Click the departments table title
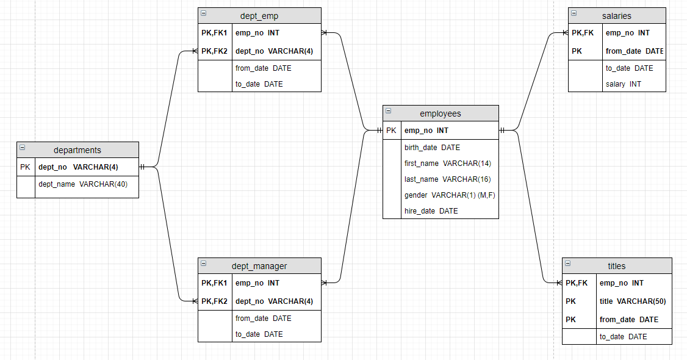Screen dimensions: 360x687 click(77, 150)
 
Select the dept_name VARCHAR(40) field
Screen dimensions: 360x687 click(83, 184)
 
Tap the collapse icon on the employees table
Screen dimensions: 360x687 click(388, 112)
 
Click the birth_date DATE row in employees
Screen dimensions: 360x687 click(432, 148)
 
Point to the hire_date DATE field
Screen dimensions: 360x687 click(431, 211)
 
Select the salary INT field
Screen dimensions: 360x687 click(623, 84)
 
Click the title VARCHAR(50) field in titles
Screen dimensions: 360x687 click(633, 301)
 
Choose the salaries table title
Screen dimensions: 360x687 click(617, 16)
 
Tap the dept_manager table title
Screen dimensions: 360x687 click(259, 266)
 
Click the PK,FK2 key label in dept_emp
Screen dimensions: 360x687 click(214, 51)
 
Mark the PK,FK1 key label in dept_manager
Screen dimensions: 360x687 click(214, 283)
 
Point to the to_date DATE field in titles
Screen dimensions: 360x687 click(623, 337)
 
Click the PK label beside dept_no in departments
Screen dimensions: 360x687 click(25, 167)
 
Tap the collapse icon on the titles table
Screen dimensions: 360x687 click(567, 264)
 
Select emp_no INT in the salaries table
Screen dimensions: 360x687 click(627, 33)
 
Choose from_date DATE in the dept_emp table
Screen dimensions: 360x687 click(263, 68)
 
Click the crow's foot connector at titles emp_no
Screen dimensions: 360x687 click(558, 283)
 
